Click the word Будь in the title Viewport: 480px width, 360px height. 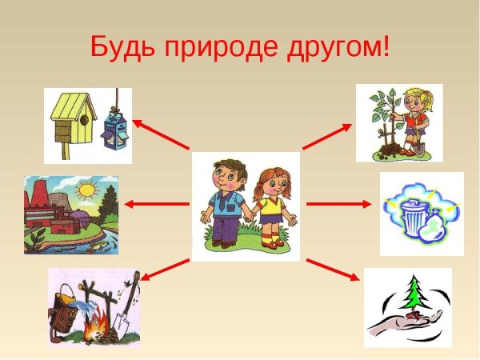(x=122, y=46)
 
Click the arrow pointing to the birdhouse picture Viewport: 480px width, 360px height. (x=159, y=134)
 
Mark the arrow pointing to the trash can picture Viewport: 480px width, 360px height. (x=335, y=204)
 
